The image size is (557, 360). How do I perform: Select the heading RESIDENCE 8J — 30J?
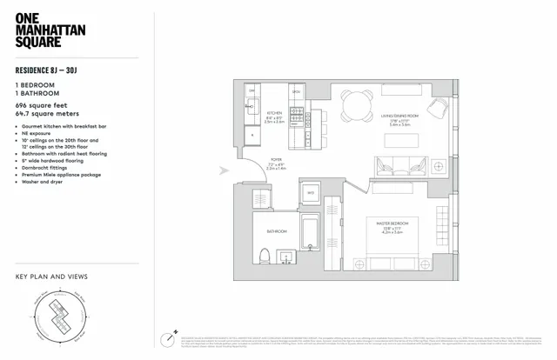54,72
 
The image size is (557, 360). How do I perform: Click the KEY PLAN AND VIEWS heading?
51,277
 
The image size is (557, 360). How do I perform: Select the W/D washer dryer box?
311,191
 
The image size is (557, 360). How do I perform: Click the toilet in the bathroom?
264,257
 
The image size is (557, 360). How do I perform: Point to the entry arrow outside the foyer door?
226,171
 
